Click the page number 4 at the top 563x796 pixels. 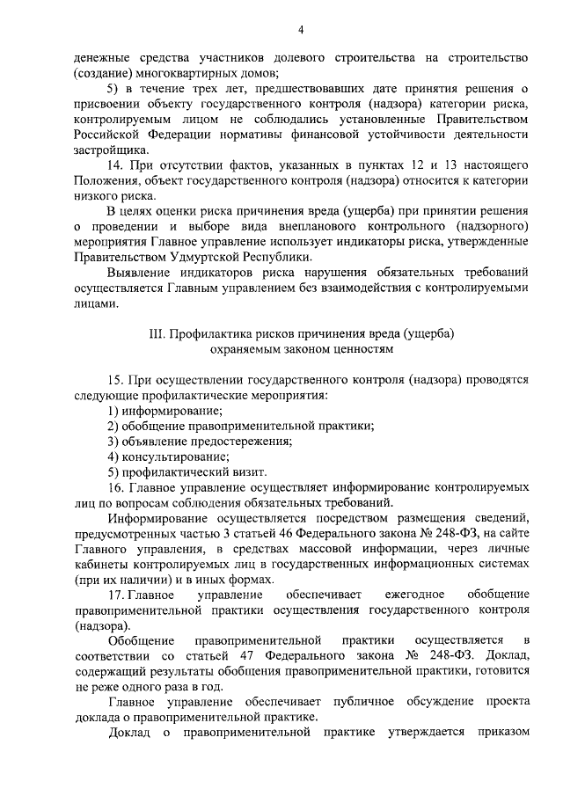(x=300, y=31)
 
